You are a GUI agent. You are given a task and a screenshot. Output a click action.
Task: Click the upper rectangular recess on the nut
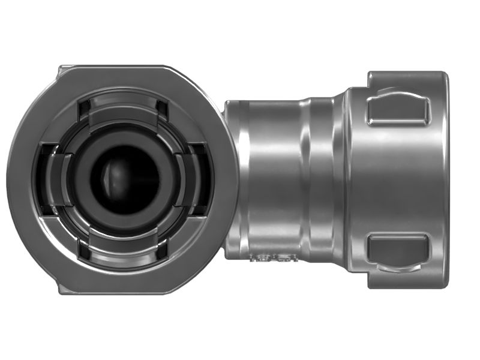tap(398, 110)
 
